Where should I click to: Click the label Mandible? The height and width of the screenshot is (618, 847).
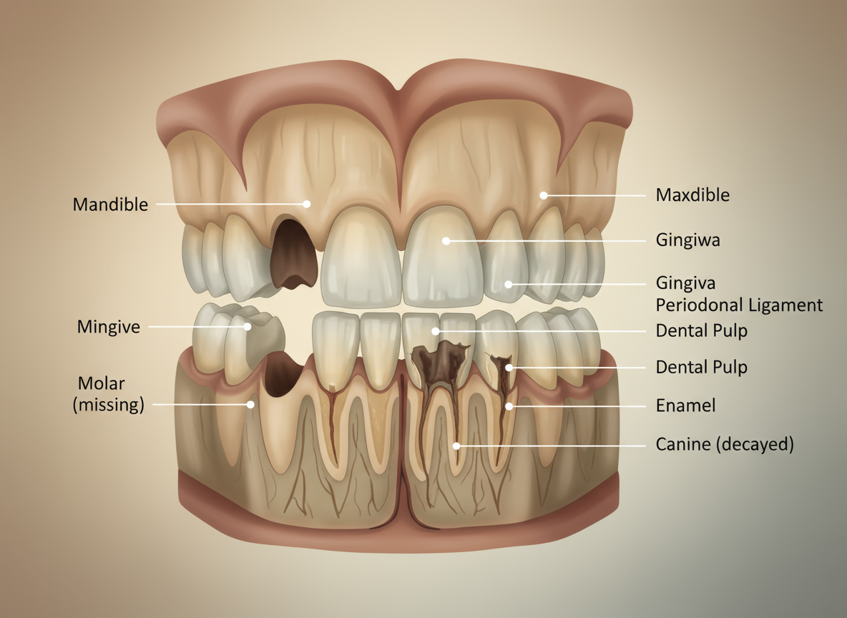tap(110, 205)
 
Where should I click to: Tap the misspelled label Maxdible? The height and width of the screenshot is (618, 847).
tap(692, 195)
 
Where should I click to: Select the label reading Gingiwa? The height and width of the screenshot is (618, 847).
tap(687, 240)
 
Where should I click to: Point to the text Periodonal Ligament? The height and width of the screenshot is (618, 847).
tap(739, 305)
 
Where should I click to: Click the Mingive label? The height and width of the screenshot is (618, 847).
tap(109, 328)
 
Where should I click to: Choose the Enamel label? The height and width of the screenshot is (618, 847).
tap(685, 406)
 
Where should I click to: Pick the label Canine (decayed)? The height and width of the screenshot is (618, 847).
tap(724, 445)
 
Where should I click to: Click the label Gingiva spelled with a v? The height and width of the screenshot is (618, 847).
tap(685, 283)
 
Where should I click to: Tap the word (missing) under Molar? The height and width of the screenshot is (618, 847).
tap(109, 405)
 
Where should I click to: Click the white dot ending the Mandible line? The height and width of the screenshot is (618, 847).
tap(307, 204)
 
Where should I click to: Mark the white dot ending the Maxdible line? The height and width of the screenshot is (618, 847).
tap(544, 195)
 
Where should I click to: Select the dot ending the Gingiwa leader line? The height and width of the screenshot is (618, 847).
tap(446, 241)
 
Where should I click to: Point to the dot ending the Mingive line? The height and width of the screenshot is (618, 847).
tap(248, 327)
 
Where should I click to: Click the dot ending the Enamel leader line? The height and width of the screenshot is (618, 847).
tap(509, 406)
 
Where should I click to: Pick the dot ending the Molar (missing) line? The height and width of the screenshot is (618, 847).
tap(251, 404)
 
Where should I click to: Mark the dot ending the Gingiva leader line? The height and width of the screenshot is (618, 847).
tap(509, 284)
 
